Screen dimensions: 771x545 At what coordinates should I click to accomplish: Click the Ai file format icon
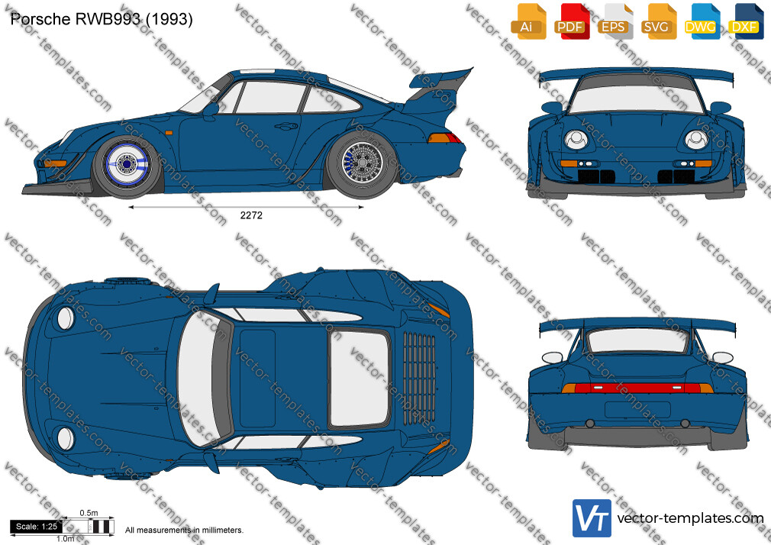click(x=528, y=21)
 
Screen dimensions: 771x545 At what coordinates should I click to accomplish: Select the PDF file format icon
click(x=571, y=21)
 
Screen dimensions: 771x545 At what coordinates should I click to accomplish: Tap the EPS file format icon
click(x=615, y=21)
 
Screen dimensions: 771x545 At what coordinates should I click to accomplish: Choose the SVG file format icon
click(x=658, y=21)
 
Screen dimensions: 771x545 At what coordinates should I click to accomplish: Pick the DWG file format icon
click(x=702, y=21)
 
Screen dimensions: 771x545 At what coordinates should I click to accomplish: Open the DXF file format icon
click(x=744, y=21)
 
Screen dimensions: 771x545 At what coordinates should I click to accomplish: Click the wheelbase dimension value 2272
click(x=251, y=215)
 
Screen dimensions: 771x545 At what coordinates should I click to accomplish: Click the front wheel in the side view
click(x=127, y=164)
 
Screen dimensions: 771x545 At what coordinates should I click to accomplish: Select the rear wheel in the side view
click(x=363, y=163)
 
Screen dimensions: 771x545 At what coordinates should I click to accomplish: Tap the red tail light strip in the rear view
click(x=637, y=388)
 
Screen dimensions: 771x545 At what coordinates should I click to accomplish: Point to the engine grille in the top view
click(x=419, y=378)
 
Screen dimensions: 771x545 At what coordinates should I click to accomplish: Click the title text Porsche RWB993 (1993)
click(x=102, y=19)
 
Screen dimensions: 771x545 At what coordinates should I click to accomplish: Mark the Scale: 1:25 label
click(x=37, y=527)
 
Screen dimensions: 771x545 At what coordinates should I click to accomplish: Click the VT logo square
click(x=592, y=518)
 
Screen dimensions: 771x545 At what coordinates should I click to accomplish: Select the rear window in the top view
click(x=360, y=378)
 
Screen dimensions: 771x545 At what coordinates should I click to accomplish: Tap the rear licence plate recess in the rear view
click(x=637, y=410)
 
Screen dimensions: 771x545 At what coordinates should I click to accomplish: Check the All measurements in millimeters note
click(x=184, y=530)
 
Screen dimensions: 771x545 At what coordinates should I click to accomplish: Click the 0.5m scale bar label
click(x=89, y=513)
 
